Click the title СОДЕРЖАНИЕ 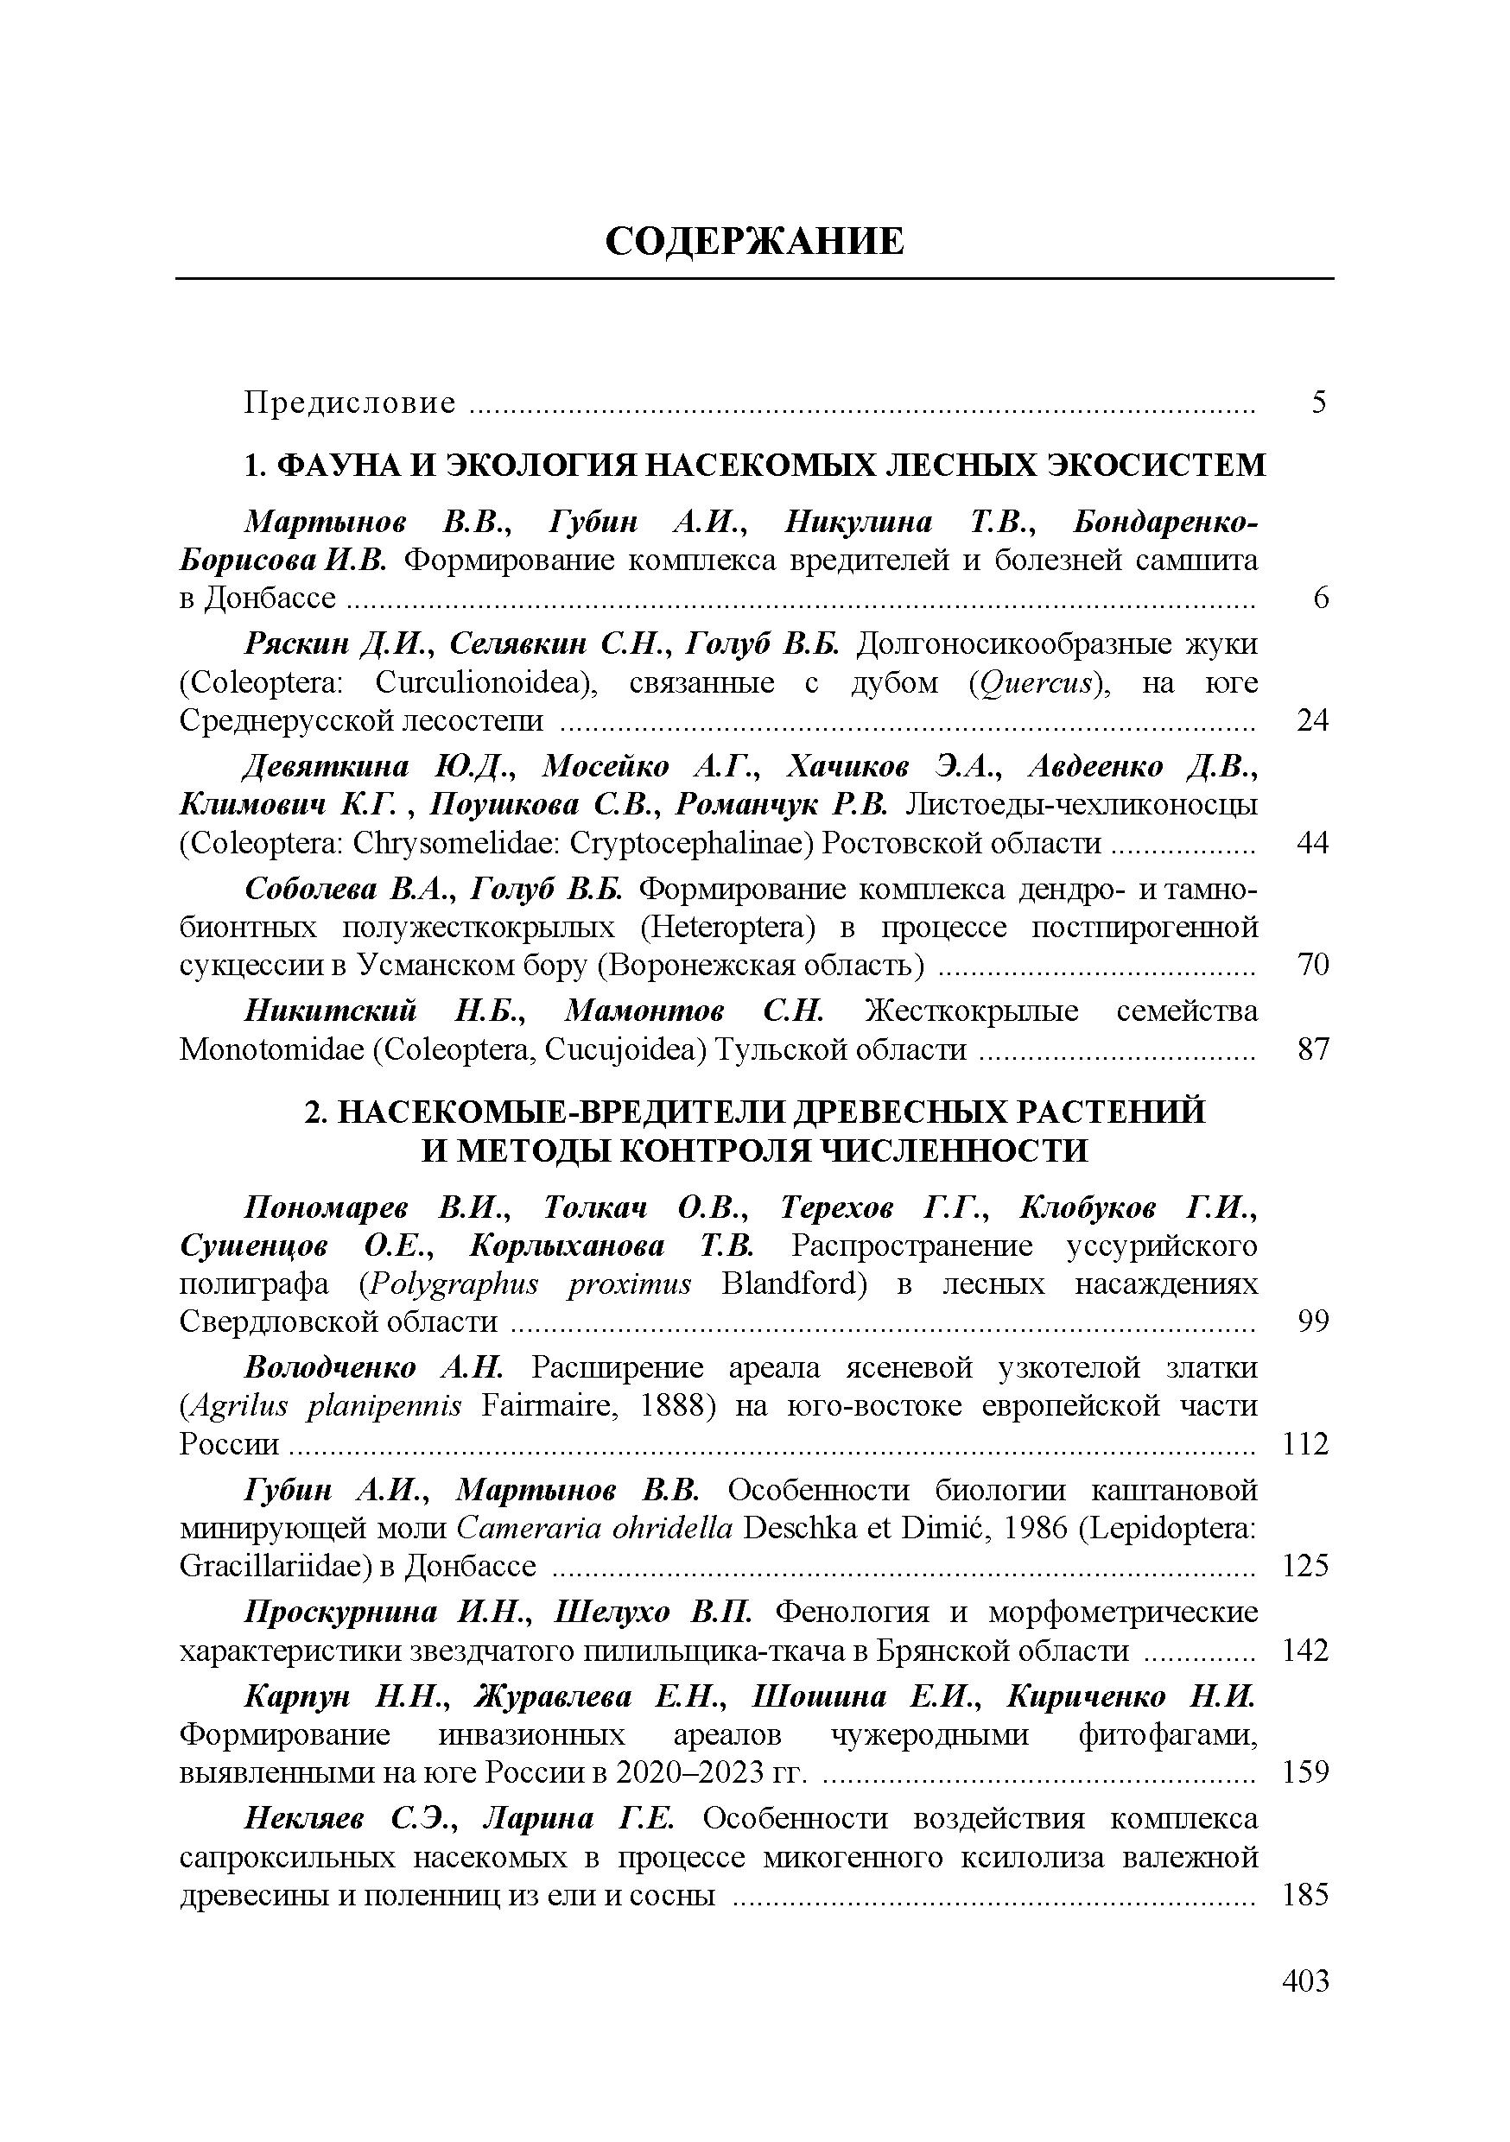[x=754, y=242]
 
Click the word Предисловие [x=350, y=403]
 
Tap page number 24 [x=1312, y=720]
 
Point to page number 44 [x=1312, y=843]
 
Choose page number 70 [x=1312, y=965]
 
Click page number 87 [x=1312, y=1050]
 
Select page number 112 [x=1304, y=1444]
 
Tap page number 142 [x=1304, y=1651]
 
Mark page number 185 [x=1304, y=1895]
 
